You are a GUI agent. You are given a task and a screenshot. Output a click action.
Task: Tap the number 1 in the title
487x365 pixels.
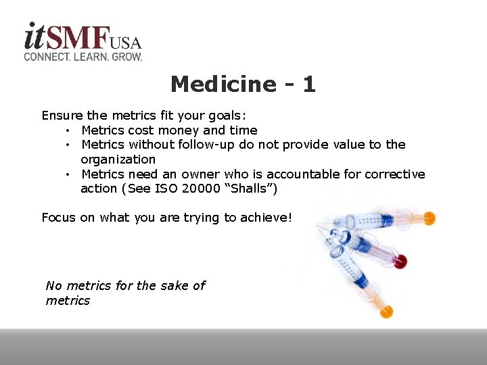tap(308, 84)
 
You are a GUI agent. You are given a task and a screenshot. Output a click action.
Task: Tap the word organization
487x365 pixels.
tap(118, 160)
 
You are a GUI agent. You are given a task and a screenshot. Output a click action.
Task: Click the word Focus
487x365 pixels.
tap(58, 218)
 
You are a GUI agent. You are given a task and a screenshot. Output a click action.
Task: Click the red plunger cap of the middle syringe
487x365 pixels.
tap(400, 262)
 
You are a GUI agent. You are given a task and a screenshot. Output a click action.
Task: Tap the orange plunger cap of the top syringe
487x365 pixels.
tap(428, 218)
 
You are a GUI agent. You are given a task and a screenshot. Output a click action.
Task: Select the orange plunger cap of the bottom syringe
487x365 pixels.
tap(386, 312)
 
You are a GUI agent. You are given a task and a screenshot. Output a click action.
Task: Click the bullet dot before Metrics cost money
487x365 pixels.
tap(68, 130)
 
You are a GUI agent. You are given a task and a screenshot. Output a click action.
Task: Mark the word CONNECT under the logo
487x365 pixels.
tap(46, 57)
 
